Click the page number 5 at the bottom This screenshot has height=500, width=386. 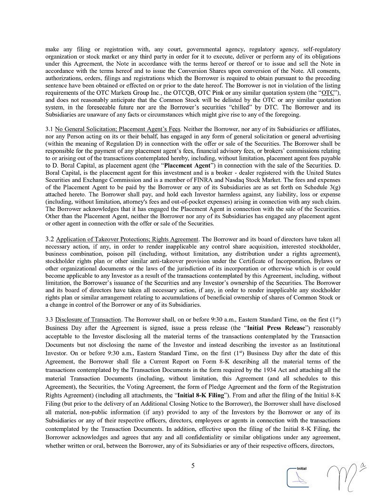coord(193,466)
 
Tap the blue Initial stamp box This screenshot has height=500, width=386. coord(298,476)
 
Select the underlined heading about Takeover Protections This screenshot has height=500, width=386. coord(127,239)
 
